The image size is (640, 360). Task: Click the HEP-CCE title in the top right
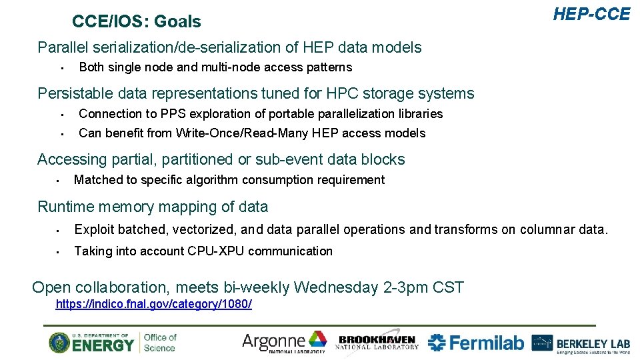pos(591,14)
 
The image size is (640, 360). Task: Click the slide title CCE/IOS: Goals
pos(136,22)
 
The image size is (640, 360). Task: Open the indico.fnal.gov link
pos(154,304)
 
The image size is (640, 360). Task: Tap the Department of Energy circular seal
pos(59,342)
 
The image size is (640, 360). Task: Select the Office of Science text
pos(160,342)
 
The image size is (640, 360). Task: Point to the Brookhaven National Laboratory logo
pos(378,342)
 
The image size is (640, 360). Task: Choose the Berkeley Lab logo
pos(580,343)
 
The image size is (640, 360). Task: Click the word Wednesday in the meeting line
pos(336,288)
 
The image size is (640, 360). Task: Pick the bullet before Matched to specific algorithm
pos(59,180)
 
